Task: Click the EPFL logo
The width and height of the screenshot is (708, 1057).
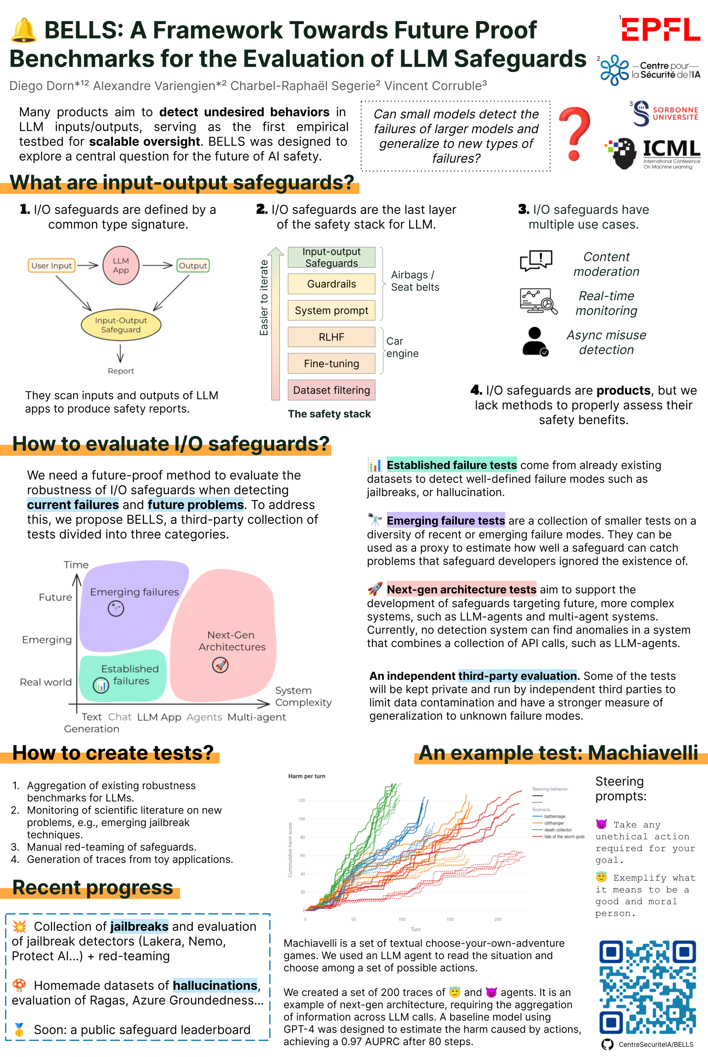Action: pyautogui.click(x=661, y=29)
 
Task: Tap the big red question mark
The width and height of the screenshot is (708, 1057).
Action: pyautogui.click(x=574, y=134)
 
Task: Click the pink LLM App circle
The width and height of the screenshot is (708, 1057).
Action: pyautogui.click(x=120, y=266)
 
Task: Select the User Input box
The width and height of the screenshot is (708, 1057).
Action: pyautogui.click(x=52, y=266)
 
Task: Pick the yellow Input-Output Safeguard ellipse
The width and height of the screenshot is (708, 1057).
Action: pyautogui.click(x=120, y=325)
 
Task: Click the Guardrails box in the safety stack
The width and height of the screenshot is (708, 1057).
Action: pyautogui.click(x=331, y=284)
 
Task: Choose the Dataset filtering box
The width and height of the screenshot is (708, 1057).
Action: pyautogui.click(x=331, y=390)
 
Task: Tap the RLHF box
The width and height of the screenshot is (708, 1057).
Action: pyautogui.click(x=331, y=337)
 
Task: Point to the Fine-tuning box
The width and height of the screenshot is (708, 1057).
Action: pyautogui.click(x=331, y=364)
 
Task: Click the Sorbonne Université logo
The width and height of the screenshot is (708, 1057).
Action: pyautogui.click(x=666, y=113)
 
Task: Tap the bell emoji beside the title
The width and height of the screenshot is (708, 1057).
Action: pyautogui.click(x=24, y=31)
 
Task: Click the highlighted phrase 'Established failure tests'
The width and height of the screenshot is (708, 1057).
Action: pyautogui.click(x=451, y=465)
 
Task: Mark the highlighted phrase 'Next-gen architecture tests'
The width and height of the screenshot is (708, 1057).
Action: pyautogui.click(x=461, y=589)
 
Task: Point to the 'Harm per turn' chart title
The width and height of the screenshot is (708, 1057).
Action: pyautogui.click(x=306, y=776)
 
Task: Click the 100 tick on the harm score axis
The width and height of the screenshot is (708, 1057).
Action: pyautogui.click(x=301, y=819)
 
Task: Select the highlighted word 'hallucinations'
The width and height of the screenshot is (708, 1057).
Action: pyautogui.click(x=215, y=985)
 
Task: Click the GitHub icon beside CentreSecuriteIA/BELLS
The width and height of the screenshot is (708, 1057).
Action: pyautogui.click(x=607, y=1044)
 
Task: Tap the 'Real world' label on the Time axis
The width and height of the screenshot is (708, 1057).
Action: pyautogui.click(x=46, y=682)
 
